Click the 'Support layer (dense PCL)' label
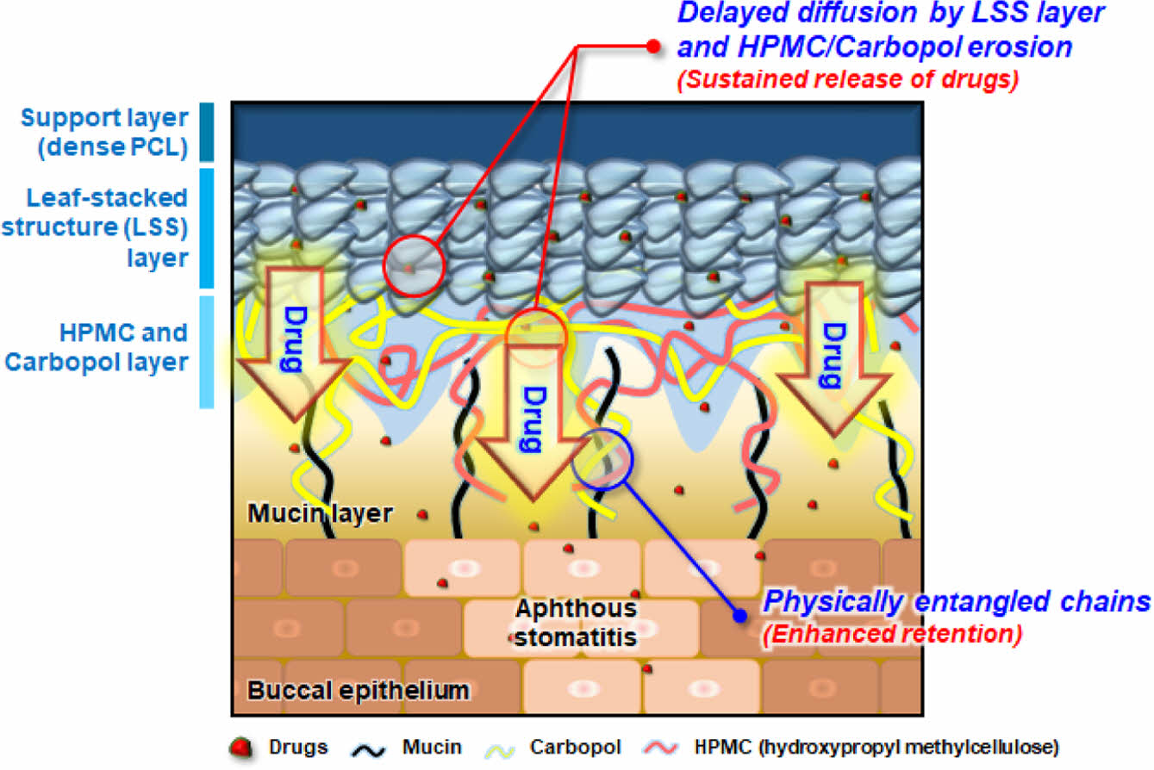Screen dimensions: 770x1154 [x=104, y=133]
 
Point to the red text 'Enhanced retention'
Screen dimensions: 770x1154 [x=892, y=635]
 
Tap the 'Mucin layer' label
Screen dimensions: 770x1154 [x=321, y=514]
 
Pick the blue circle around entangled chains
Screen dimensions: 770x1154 [x=602, y=459]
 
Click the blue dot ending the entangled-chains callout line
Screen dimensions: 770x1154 [x=739, y=615]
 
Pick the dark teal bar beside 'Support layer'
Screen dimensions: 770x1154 [x=206, y=133]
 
